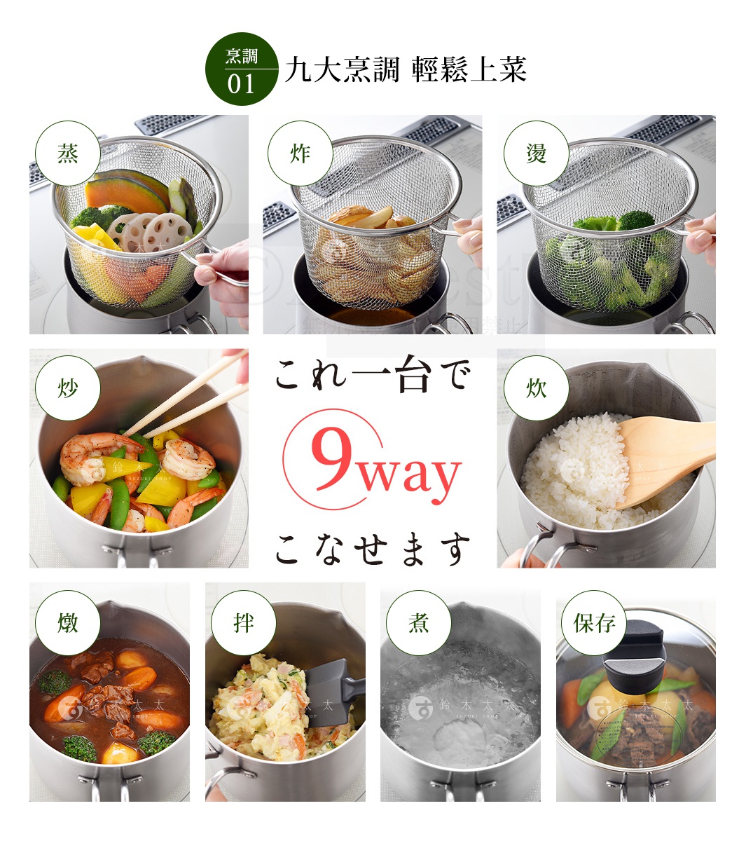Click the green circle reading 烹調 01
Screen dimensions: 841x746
click(241, 69)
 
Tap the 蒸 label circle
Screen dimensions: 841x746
click(67, 153)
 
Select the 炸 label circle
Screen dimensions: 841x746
click(300, 153)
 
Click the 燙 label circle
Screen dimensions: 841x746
click(536, 153)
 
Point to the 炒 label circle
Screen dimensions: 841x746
click(67, 388)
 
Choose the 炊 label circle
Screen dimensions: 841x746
click(536, 388)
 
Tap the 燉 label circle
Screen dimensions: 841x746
click(67, 622)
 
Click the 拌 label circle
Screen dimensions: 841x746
click(243, 622)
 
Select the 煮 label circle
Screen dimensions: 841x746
click(418, 622)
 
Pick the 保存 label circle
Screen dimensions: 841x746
click(594, 622)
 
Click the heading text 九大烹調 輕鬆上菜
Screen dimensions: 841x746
click(405, 69)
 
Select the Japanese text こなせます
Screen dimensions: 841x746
click(372, 548)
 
